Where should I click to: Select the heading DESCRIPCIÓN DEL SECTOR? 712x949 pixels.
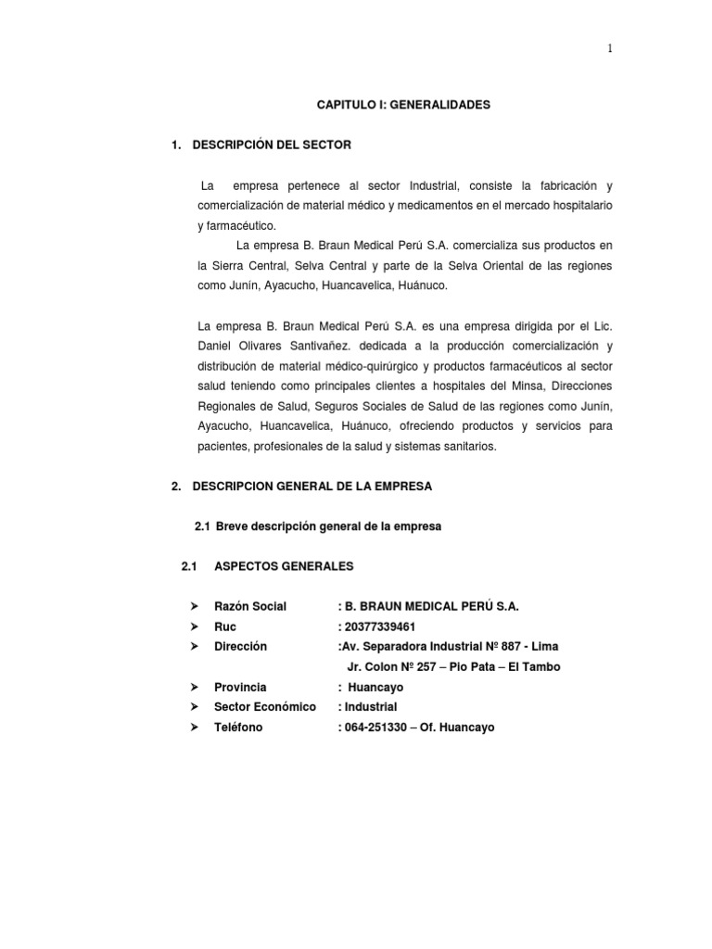click(x=272, y=146)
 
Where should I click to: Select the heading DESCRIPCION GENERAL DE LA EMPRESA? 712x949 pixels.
click(x=311, y=486)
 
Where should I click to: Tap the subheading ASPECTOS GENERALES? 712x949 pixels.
click(x=284, y=566)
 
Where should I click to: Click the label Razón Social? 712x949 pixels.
click(x=250, y=607)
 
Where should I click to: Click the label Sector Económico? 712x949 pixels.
click(x=265, y=707)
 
